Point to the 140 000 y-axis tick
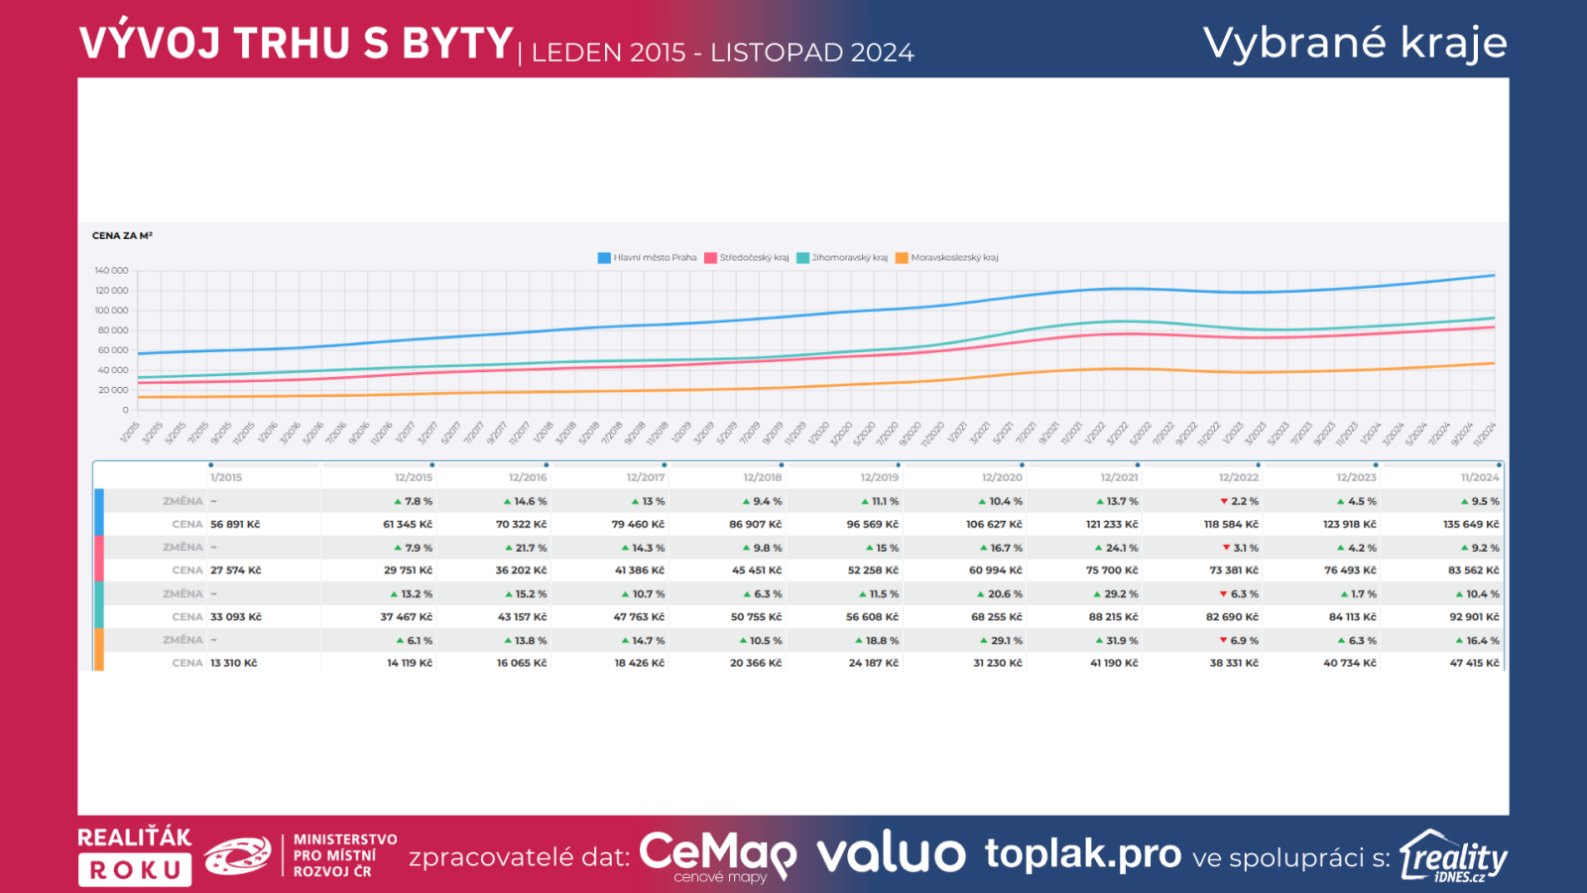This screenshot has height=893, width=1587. click(x=112, y=271)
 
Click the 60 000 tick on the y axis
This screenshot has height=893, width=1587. click(x=113, y=350)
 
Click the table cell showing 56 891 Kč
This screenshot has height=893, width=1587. click(x=235, y=525)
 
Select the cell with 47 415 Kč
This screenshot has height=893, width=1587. click(x=1474, y=663)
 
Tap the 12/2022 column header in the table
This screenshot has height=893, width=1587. click(x=1239, y=478)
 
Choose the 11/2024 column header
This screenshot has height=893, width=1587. click(x=1480, y=478)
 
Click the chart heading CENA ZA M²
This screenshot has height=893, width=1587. click(x=122, y=236)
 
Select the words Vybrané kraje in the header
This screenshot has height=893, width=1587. click(x=1355, y=43)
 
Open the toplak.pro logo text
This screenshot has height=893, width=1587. click(x=1083, y=854)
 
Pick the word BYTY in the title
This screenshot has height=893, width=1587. click(x=456, y=44)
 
